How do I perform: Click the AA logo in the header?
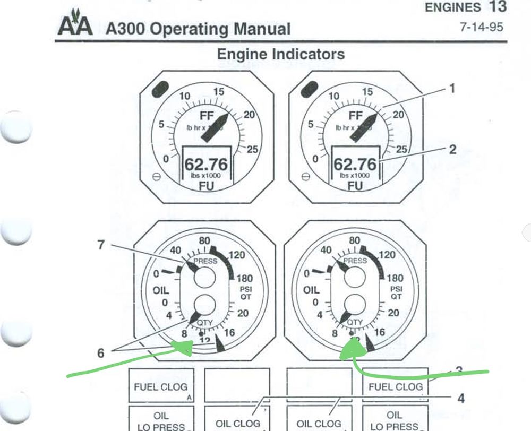point(75,25)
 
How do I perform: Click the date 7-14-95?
point(481,27)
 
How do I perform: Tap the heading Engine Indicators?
point(281,54)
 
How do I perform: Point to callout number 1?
point(452,89)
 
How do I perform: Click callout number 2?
point(452,150)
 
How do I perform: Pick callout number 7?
point(100,245)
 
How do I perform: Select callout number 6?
point(100,352)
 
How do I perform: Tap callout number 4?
point(461,398)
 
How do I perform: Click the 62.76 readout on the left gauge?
point(206,165)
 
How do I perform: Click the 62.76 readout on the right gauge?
point(355,165)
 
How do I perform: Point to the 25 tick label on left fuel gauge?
point(252,150)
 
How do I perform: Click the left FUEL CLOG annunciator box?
point(161,386)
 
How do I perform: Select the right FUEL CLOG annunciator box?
point(395,386)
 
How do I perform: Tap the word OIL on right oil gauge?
point(311,290)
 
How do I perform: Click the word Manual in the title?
point(261,29)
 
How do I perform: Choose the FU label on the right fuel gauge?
point(355,186)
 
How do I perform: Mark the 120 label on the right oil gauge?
point(387,255)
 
